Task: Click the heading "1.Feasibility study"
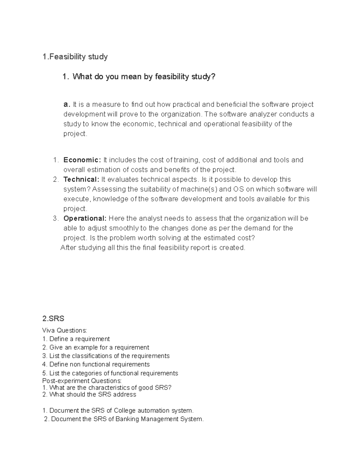[75, 56]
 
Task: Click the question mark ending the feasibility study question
[213, 77]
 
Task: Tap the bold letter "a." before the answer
[67, 104]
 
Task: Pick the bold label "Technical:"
[81, 179]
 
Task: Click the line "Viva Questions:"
[64, 330]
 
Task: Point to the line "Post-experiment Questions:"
[82, 381]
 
